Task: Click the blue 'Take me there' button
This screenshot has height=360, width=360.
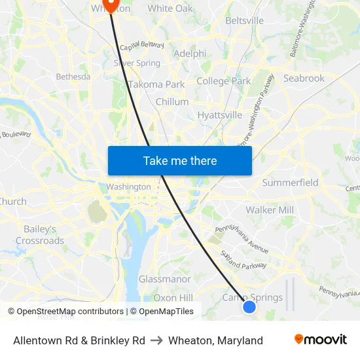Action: (x=180, y=160)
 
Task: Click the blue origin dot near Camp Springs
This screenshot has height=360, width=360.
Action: (x=249, y=306)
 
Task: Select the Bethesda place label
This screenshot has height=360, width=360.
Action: (x=73, y=77)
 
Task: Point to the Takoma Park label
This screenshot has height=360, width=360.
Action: (x=156, y=84)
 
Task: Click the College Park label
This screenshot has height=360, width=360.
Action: (x=224, y=81)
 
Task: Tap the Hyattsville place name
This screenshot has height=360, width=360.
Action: (x=220, y=115)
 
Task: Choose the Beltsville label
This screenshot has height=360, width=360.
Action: (x=244, y=21)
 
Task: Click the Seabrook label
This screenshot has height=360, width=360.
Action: (x=304, y=79)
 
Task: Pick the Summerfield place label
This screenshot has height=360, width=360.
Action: (x=290, y=183)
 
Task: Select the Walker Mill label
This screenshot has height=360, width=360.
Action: (x=270, y=210)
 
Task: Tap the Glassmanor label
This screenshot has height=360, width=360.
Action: (x=165, y=279)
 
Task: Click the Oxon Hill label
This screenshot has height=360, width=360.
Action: (x=173, y=298)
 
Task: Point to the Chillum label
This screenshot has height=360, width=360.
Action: (x=172, y=102)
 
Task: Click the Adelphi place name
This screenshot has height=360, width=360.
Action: (x=190, y=54)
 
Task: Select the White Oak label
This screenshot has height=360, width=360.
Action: (x=170, y=9)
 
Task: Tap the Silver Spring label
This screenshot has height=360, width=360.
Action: (x=137, y=63)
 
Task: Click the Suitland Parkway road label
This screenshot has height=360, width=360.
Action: (x=243, y=261)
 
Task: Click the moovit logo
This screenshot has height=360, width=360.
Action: (x=321, y=340)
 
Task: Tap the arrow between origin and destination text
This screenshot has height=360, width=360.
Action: (x=156, y=340)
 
